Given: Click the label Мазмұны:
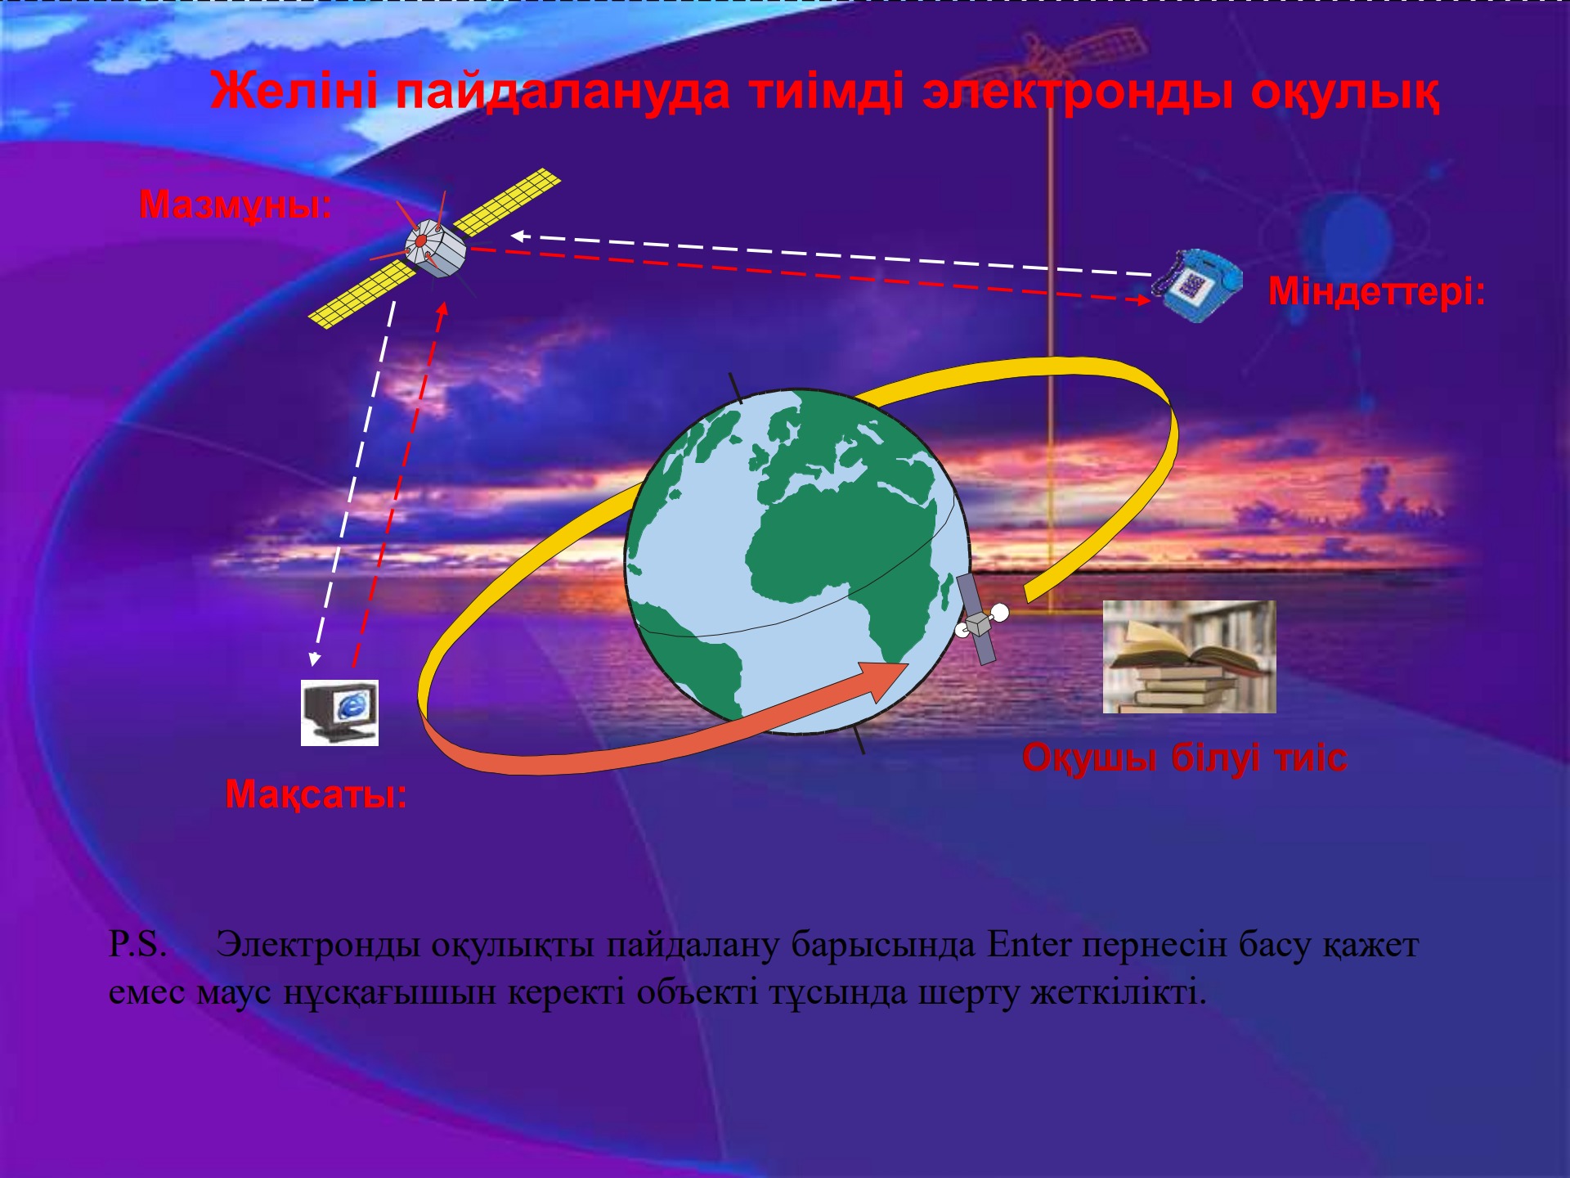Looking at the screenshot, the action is pyautogui.click(x=235, y=205).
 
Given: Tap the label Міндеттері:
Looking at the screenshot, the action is pyautogui.click(x=1377, y=291).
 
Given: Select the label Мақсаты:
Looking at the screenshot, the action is pyautogui.click(x=316, y=794).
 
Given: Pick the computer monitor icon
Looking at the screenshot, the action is pyautogui.click(x=339, y=713).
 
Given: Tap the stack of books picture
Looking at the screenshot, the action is pyautogui.click(x=1189, y=657).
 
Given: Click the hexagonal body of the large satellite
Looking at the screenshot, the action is pyautogui.click(x=435, y=248).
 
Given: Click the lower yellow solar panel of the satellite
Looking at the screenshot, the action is pyautogui.click(x=363, y=294).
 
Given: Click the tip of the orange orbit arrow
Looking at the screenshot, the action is pyautogui.click(x=908, y=664).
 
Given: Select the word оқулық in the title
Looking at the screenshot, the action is pyautogui.click(x=1344, y=92).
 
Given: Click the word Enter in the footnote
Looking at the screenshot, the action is pyautogui.click(x=1029, y=944).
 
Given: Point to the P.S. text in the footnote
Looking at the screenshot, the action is pyautogui.click(x=137, y=944).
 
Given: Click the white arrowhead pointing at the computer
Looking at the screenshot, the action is pyautogui.click(x=314, y=659).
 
